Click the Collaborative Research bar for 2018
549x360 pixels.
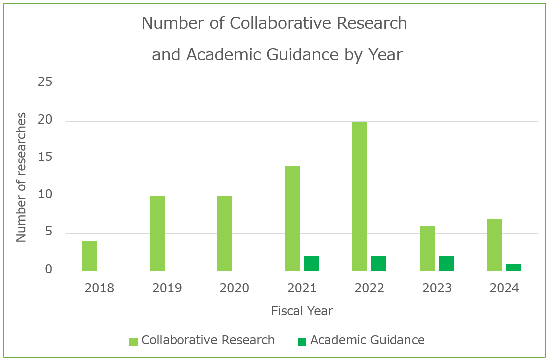[x=90, y=256]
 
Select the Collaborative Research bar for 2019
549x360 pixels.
[x=157, y=233]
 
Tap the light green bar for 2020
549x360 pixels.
[x=225, y=233]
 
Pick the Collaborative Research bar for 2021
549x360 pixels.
[x=292, y=218]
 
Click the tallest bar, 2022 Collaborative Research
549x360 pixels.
[x=359, y=196]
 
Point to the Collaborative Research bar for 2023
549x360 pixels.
[x=427, y=249]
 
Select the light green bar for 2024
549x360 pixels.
[x=494, y=245]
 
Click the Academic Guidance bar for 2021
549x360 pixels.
[x=312, y=264]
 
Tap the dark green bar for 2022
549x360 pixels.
[x=379, y=264]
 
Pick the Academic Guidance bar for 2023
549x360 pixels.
[x=447, y=264]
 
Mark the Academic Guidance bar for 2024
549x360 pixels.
[x=514, y=267]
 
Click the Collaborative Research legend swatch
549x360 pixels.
[x=133, y=342]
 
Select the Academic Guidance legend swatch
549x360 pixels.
[x=302, y=342]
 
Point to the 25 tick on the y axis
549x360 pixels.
[x=45, y=82]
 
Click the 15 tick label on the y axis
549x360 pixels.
[x=45, y=158]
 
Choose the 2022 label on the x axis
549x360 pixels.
[x=369, y=288]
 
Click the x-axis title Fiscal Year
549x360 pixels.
[x=302, y=311]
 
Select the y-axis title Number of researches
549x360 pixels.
[x=21, y=177]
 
